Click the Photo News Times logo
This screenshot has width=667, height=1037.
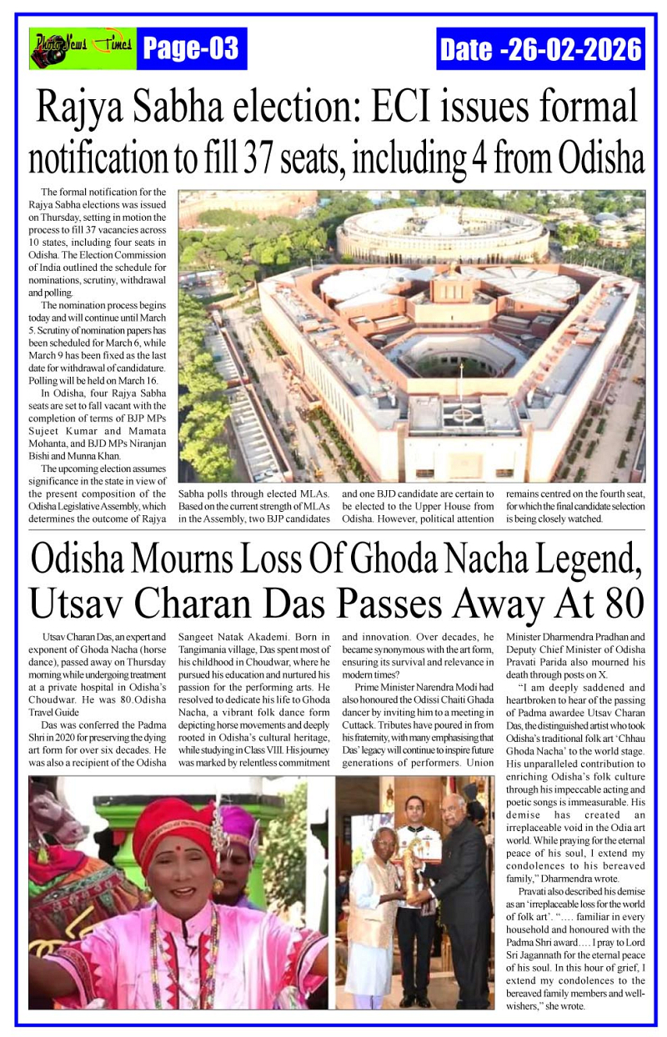click(82, 48)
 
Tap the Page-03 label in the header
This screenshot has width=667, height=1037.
click(191, 49)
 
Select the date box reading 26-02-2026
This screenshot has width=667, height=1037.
click(540, 49)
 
